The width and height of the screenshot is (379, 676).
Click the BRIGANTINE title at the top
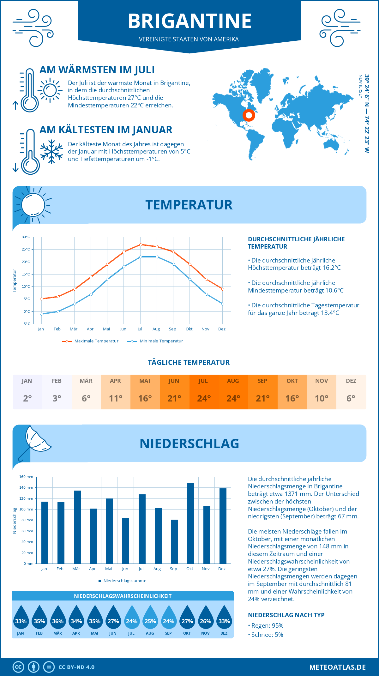pyautogui.click(x=189, y=21)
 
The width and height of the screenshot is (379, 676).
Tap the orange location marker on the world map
pyautogui.click(x=249, y=115)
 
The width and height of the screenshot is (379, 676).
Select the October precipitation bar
pyautogui.click(x=190, y=523)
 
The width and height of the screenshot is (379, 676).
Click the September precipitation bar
pyautogui.click(x=174, y=541)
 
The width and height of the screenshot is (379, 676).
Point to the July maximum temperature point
pyautogui.click(x=141, y=244)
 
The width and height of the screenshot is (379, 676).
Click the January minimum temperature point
pyautogui.click(x=42, y=314)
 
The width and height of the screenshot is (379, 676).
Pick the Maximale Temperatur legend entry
pyautogui.click(x=90, y=341)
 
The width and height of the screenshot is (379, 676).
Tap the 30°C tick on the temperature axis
pyautogui.click(x=26, y=237)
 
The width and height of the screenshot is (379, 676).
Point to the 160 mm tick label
pyautogui.click(x=26, y=477)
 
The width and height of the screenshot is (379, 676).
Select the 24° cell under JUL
pyautogui.click(x=204, y=398)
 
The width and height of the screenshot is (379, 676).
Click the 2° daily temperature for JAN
pyautogui.click(x=27, y=398)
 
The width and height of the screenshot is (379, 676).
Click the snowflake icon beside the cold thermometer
pyautogui.click(x=51, y=152)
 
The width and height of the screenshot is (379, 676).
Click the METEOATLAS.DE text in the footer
pyautogui.click(x=337, y=667)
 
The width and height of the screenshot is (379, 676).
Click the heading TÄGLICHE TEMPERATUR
pyautogui.click(x=189, y=362)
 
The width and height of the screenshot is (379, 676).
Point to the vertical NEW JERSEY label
pyautogui.click(x=360, y=86)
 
